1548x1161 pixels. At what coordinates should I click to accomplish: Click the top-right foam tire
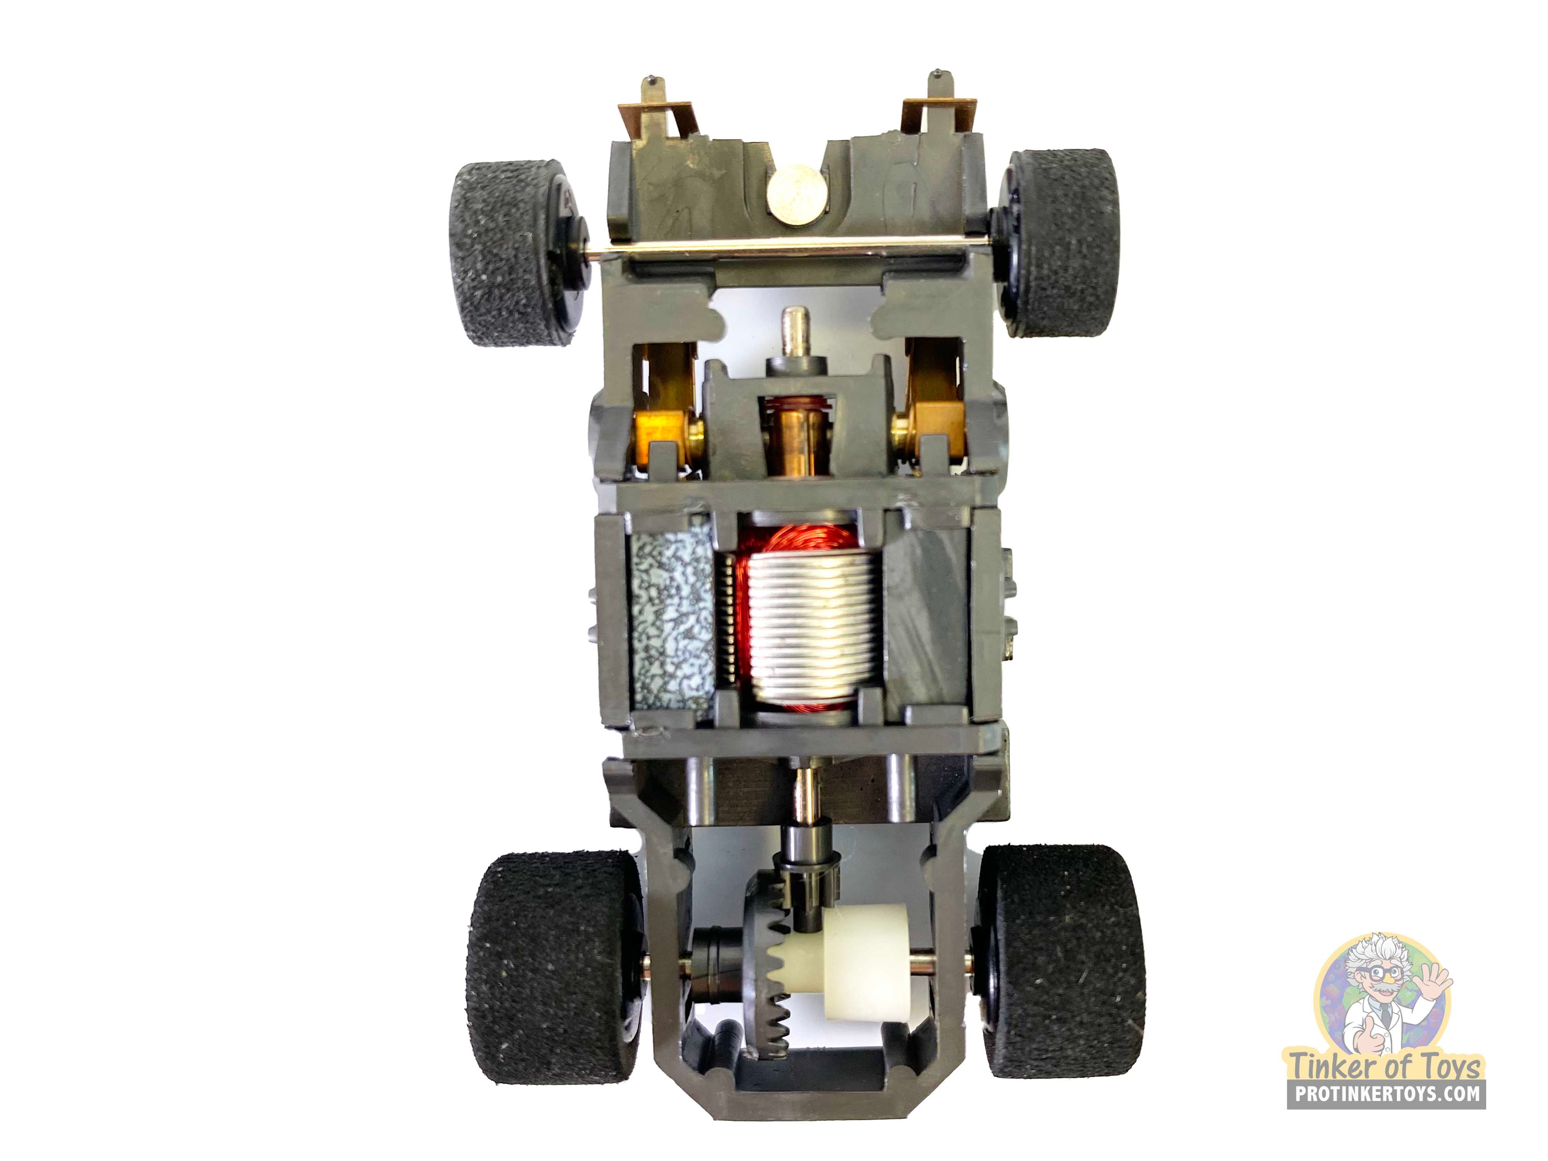(1061, 243)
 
